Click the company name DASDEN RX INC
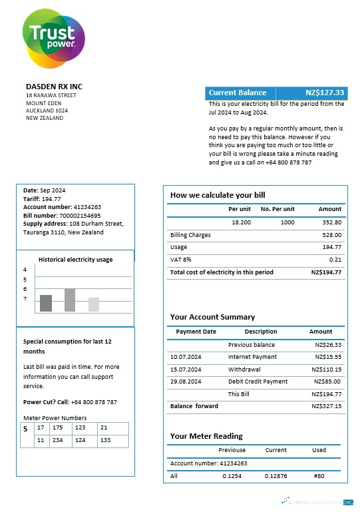(x=54, y=87)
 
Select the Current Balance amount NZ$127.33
(x=325, y=93)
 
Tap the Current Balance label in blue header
(x=238, y=93)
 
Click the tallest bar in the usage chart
(x=70, y=300)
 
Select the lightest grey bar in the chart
(x=94, y=304)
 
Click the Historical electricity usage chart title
(x=75, y=260)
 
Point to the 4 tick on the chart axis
(x=25, y=270)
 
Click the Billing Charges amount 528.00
(x=331, y=235)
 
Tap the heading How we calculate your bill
(x=218, y=195)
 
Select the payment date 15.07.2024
(x=186, y=370)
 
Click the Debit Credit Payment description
(x=258, y=382)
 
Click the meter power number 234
(x=59, y=440)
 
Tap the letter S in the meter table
(x=25, y=429)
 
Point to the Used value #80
(x=319, y=476)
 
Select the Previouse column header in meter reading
(x=232, y=450)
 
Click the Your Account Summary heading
(x=212, y=317)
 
